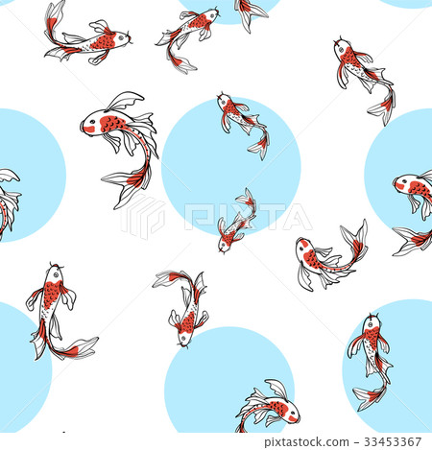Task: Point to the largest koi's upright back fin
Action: tap(125, 100)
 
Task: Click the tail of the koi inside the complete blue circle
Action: tap(259, 146)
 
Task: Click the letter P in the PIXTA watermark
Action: tap(191, 217)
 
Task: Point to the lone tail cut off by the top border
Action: tap(252, 12)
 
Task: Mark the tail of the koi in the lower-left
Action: tap(75, 348)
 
